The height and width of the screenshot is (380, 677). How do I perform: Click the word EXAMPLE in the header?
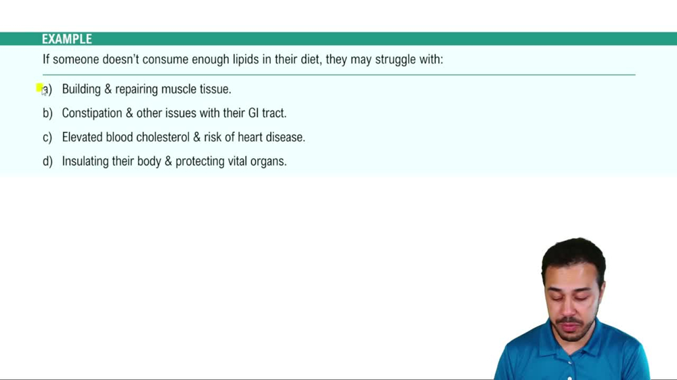click(x=66, y=39)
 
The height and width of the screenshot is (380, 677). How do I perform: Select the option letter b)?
click(x=47, y=113)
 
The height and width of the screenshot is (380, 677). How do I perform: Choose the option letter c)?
click(x=47, y=137)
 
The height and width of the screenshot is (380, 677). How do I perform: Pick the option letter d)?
click(x=47, y=162)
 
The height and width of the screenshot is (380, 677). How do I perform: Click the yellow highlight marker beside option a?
click(x=39, y=88)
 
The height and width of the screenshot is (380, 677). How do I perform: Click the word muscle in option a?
click(x=178, y=89)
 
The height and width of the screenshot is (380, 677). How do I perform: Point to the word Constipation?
click(x=91, y=114)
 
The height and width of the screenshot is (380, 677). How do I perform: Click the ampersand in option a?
click(x=108, y=89)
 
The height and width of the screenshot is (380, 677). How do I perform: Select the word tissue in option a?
click(x=215, y=89)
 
